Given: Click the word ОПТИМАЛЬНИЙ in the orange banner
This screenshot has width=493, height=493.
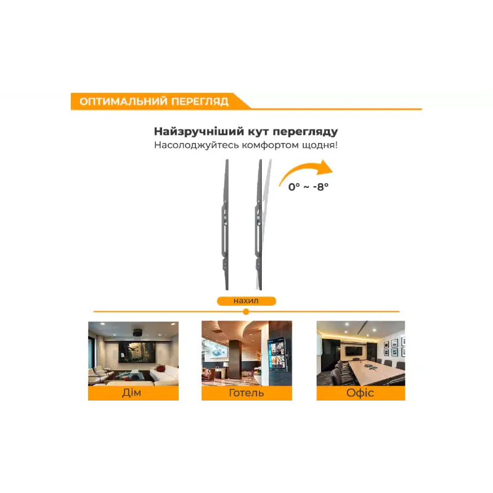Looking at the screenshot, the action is (x=123, y=102).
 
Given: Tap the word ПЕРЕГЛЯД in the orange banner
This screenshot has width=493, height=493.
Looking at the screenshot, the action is (x=200, y=102).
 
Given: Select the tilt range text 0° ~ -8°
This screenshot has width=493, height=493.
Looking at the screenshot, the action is (x=309, y=187).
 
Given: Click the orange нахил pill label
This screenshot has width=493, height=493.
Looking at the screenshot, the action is (x=246, y=301).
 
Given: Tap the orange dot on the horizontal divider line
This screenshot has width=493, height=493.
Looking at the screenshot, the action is (x=246, y=312).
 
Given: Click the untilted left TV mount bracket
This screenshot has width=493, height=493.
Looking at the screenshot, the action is (x=226, y=224).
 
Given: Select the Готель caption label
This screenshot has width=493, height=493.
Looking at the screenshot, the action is (x=246, y=393).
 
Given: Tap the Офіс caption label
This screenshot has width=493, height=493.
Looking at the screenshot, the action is (x=361, y=393).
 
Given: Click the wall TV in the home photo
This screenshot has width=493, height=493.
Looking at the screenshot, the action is (x=137, y=352).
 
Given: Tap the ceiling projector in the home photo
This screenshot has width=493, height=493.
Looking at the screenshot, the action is (x=137, y=333).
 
